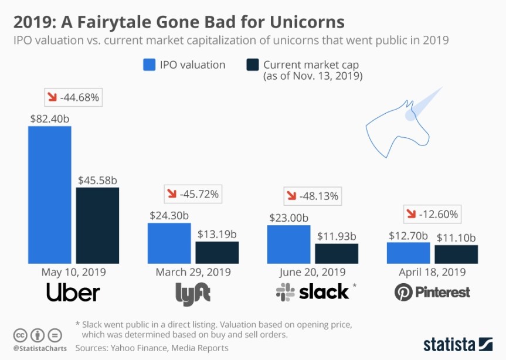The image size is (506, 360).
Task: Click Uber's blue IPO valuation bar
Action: pyautogui.click(x=50, y=195)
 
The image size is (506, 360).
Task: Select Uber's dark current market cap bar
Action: pyautogui.click(x=97, y=225)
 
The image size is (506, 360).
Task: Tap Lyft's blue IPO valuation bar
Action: pyautogui.click(x=169, y=243)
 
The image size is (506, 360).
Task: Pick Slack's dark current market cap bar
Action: pyautogui.click(x=337, y=253)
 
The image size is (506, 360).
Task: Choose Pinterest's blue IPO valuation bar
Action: pyautogui.click(x=408, y=253)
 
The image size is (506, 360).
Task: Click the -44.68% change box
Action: pyautogui.click(x=73, y=97)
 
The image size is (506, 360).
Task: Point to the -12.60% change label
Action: pyautogui.click(x=433, y=214)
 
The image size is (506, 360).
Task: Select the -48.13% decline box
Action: pyautogui.click(x=312, y=196)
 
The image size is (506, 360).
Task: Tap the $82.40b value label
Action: pyautogui.click(x=50, y=118)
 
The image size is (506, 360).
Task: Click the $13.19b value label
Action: pyautogui.click(x=217, y=233)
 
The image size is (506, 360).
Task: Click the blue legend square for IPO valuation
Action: pyautogui.click(x=149, y=64)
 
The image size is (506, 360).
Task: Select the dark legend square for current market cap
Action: pyautogui.click(x=253, y=64)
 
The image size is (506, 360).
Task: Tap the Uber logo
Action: pyautogui.click(x=73, y=293)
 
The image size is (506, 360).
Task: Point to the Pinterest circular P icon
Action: pyautogui.click(x=403, y=292)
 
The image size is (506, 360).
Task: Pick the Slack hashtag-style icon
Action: pyautogui.click(x=286, y=291)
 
